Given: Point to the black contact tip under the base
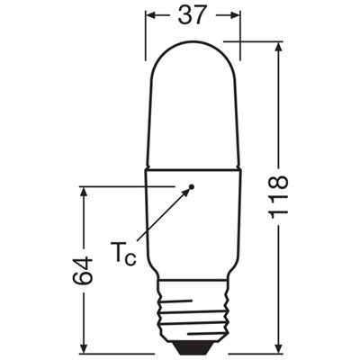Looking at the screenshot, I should click(192, 345).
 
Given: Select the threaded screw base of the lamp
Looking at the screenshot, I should click(192, 310).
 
